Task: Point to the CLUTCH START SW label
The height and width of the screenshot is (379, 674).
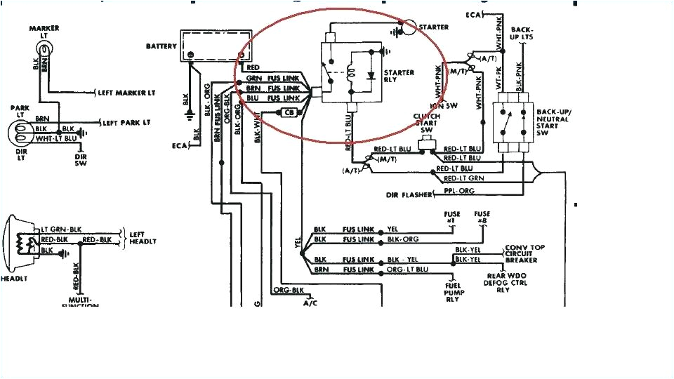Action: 427,123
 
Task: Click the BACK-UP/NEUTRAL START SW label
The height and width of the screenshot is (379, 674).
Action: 554,123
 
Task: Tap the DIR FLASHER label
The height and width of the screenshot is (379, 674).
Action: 409,194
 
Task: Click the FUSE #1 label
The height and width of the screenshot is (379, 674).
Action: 451,217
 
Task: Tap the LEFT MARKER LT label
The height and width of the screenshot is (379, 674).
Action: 126,93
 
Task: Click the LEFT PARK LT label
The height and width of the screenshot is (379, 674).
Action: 127,122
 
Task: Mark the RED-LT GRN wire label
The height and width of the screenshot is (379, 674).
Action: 454,179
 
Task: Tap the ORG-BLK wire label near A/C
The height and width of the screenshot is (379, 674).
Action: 288,290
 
